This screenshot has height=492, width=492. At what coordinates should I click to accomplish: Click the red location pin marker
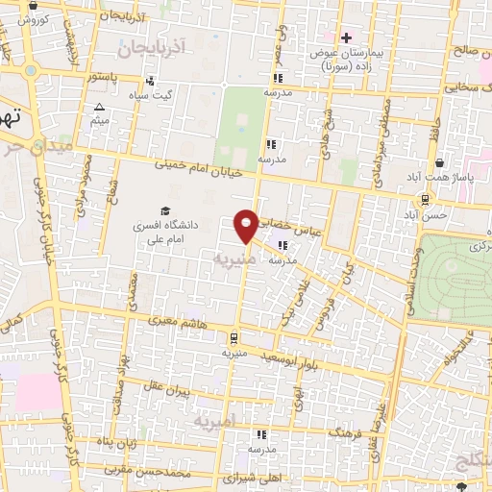(x=247, y=225)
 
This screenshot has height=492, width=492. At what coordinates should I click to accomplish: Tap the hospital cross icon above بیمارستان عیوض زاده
(x=347, y=37)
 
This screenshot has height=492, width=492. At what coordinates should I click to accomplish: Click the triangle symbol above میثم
(x=99, y=107)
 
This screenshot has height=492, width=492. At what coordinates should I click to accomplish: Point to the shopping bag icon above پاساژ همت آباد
(x=439, y=163)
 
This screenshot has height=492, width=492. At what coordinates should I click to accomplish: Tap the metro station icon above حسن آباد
(x=424, y=199)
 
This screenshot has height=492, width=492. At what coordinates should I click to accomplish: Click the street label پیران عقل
(x=196, y=390)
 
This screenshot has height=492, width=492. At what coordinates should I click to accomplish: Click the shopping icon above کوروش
(x=31, y=5)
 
